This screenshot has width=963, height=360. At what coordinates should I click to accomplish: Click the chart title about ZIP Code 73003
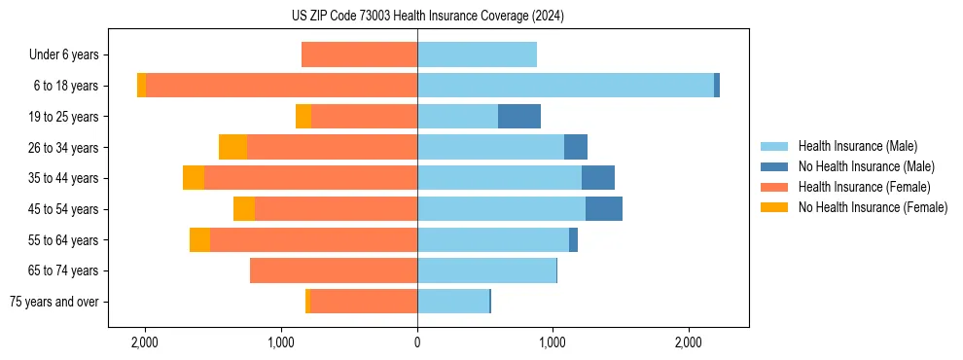(427, 16)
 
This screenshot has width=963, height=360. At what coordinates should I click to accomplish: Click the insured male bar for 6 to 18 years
(565, 86)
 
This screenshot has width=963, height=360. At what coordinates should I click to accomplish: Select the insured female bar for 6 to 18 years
(281, 86)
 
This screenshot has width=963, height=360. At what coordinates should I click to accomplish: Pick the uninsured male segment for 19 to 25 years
(519, 117)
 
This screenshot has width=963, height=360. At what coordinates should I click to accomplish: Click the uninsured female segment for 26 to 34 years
(232, 147)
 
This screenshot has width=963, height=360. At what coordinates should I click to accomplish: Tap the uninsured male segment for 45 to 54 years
(604, 209)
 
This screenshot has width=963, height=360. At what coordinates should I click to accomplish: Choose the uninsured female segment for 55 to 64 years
(199, 240)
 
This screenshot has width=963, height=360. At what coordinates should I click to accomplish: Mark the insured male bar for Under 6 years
(477, 54)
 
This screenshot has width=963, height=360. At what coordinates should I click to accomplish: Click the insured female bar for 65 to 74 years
(334, 270)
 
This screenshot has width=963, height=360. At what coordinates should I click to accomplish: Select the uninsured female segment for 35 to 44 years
(194, 178)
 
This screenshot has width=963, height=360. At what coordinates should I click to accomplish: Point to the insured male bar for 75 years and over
(453, 302)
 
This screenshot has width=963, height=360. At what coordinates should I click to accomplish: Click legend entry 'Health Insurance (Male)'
(857, 146)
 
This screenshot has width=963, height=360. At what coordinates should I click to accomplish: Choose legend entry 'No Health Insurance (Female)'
(873, 207)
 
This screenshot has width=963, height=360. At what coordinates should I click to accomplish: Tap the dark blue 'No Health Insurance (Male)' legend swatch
(774, 166)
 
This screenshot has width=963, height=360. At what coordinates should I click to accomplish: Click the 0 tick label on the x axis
(417, 342)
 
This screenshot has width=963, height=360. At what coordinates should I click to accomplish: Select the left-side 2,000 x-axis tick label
(145, 342)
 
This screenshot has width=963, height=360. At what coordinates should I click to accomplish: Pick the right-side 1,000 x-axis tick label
(553, 342)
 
